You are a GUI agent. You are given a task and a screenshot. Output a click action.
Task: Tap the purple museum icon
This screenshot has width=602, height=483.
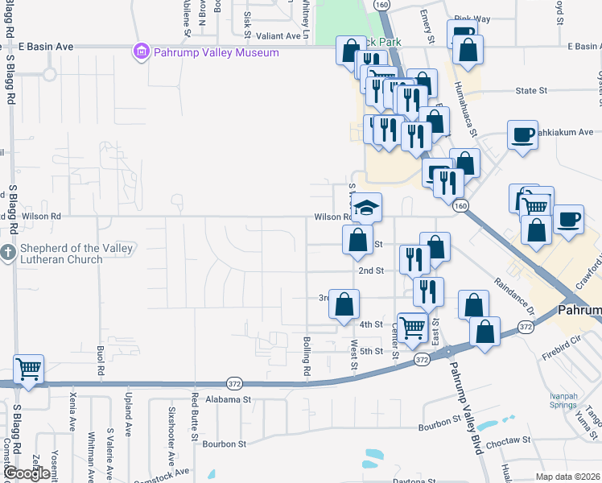tap(142, 52)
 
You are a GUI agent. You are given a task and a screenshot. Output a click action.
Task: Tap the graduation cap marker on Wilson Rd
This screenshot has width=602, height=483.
tap(365, 208)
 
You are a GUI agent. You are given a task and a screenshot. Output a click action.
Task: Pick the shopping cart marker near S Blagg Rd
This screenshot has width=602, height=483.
tap(28, 369)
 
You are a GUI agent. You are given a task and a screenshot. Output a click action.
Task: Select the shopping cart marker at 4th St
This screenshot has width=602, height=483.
tap(412, 327)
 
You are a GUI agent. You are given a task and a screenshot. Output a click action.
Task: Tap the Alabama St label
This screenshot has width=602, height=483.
tap(229, 398)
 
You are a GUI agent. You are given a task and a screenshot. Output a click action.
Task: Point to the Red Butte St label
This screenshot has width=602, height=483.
tap(195, 417)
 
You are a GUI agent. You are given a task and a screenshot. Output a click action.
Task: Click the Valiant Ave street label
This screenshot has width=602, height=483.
tap(278, 35)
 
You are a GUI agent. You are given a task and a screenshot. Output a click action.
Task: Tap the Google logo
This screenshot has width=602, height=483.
tap(27, 473)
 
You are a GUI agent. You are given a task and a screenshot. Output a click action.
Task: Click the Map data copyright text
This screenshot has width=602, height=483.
tap(567, 477)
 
